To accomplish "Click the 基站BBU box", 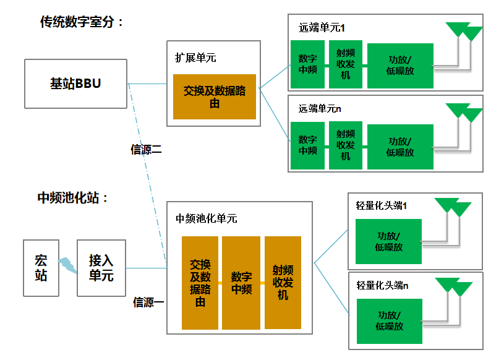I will [76, 84].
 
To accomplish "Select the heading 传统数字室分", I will [82, 22].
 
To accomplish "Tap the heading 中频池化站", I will [73, 198].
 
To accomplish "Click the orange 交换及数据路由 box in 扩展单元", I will [215, 97].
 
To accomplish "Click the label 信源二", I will [147, 150].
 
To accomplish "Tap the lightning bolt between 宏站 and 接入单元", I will [67, 267].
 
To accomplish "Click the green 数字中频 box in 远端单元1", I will [307, 64].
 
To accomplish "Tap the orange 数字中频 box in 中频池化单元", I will [241, 283].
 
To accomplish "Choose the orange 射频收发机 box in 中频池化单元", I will [283, 283].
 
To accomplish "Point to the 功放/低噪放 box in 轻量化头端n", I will [389, 321].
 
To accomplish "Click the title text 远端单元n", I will [320, 109].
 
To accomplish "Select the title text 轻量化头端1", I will [382, 205].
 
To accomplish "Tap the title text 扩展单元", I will [195, 58].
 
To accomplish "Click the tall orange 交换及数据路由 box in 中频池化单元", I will [200, 283].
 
